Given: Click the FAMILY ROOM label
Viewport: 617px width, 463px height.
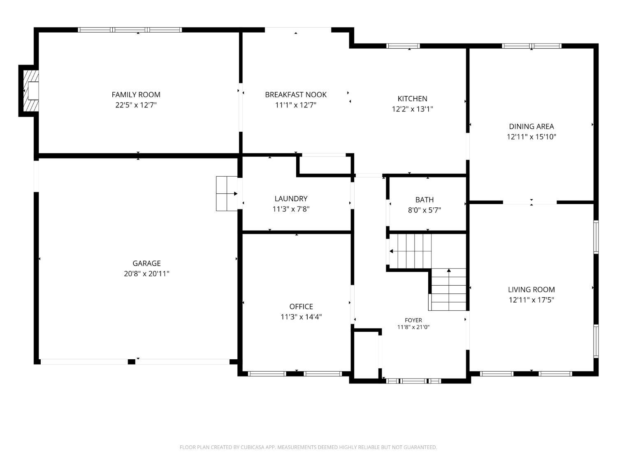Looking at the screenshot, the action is (136, 95).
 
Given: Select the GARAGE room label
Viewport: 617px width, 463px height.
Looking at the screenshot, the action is (146, 263).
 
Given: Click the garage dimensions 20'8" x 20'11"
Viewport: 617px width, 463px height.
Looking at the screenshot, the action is (146, 274).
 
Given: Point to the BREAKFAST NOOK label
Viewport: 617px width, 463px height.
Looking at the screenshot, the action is (296, 95).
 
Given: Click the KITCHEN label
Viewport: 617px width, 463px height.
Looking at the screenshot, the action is (412, 99).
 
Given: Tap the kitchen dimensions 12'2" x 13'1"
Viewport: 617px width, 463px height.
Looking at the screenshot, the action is (413, 109).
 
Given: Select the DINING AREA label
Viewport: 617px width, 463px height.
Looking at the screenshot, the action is (531, 126).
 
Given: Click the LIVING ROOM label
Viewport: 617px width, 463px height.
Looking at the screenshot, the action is (531, 290).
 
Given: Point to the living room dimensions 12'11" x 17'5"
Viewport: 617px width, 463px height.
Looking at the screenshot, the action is (531, 300).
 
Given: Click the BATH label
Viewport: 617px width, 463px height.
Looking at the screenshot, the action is (424, 200).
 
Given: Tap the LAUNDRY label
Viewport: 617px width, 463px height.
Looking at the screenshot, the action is (291, 199).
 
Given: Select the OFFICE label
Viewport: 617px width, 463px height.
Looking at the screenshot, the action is (301, 307).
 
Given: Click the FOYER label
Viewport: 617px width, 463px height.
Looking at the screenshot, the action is (413, 320).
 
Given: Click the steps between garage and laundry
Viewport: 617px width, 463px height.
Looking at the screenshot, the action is (227, 193).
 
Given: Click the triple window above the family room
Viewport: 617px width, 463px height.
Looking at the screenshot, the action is (130, 30).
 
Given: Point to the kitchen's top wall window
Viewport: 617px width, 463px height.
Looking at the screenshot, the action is (403, 46).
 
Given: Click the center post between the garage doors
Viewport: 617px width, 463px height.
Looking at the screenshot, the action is (131, 362).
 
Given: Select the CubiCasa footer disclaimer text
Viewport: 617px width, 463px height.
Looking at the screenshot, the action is (308, 447).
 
